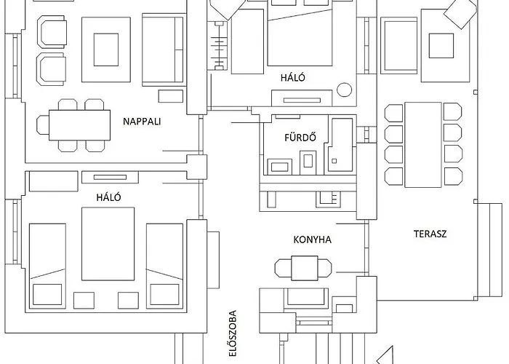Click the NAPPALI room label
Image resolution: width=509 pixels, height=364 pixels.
(142, 122)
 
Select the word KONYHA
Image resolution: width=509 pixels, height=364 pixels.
(312, 240)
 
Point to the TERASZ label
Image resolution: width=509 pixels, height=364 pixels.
(430, 234)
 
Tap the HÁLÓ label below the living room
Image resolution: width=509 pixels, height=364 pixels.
(108, 197)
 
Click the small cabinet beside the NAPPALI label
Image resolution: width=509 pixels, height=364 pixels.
(170, 96)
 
